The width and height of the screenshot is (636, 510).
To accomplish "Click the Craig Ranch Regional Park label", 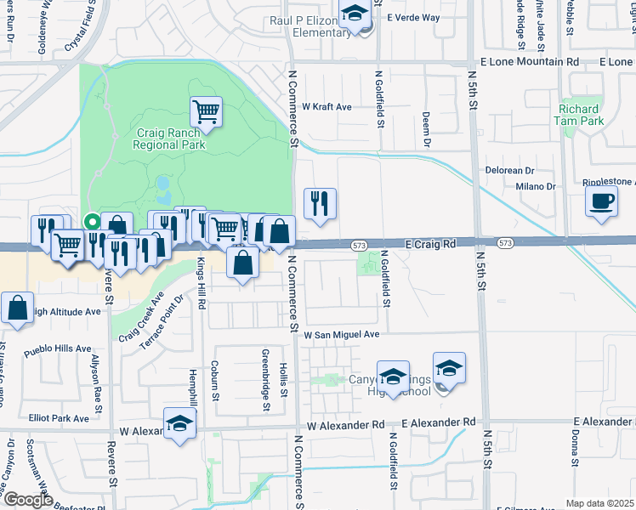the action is tap(169, 139).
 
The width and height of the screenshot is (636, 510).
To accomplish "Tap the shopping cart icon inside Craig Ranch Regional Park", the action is tap(206, 110).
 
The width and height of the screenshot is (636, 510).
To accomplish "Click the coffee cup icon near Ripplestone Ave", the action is tap(602, 201).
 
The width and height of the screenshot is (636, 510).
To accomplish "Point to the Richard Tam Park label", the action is tap(582, 115).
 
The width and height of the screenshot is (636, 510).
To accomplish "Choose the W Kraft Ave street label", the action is tap(327, 107).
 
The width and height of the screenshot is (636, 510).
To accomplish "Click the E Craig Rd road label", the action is tap(431, 243).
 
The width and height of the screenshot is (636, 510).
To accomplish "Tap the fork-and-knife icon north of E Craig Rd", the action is tap(320, 203).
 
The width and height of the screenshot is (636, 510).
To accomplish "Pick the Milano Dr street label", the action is tap(535, 186).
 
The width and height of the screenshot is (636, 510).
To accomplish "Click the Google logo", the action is tap(27, 500).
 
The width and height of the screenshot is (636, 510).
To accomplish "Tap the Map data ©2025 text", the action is tap(599, 503).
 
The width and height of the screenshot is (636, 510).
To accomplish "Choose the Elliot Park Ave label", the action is tap(58, 418).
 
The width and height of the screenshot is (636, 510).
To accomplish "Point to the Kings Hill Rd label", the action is tap(202, 283).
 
